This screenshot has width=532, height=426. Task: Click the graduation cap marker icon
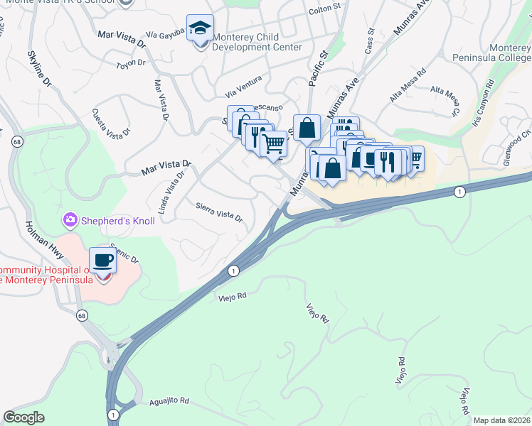(201, 29)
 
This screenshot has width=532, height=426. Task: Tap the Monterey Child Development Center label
(257, 41)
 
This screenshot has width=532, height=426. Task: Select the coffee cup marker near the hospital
(102, 261)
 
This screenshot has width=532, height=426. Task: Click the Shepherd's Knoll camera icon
(70, 220)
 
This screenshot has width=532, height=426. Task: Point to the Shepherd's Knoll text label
(117, 221)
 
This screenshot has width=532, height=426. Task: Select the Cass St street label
(369, 41)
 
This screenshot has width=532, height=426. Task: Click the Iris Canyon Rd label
(483, 105)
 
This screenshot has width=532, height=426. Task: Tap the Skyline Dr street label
(40, 70)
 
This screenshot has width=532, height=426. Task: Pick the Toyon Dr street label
(131, 63)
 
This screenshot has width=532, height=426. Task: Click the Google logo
(24, 417)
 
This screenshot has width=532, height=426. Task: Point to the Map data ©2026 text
(502, 420)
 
